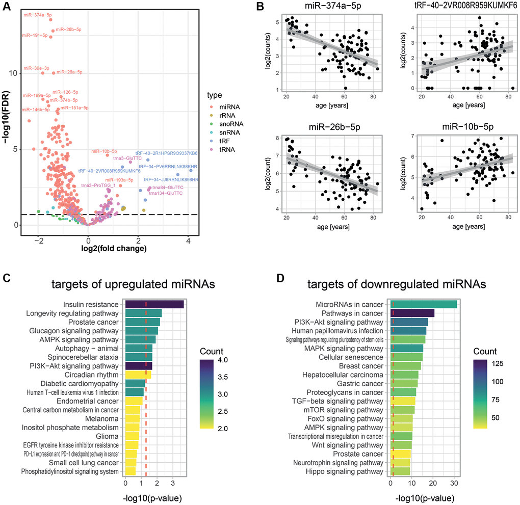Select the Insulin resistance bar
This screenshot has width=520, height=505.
tap(154, 304)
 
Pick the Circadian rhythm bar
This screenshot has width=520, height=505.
tap(138, 375)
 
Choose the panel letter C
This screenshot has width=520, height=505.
tap(7, 278)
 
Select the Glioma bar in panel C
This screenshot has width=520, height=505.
tap(132, 436)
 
